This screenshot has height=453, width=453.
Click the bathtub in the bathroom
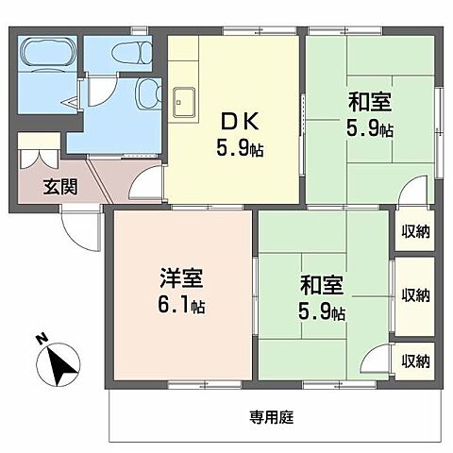point(48,54)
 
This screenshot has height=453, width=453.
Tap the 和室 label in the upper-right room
point(370,102)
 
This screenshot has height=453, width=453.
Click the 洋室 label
point(179,280)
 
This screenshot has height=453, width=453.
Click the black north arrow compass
point(61,365)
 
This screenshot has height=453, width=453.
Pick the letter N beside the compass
point(41,340)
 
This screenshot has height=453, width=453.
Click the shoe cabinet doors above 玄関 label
point(40,157)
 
